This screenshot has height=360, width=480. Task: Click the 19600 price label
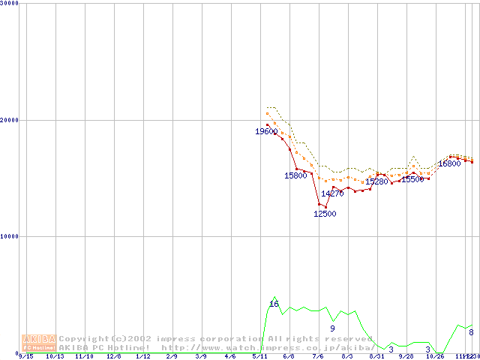tap(266, 132)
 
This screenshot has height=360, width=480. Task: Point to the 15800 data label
tap(295, 175)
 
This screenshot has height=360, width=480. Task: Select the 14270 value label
tap(332, 193)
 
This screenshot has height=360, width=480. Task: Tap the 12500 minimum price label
tap(325, 214)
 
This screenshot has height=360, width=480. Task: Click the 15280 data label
tap(376, 181)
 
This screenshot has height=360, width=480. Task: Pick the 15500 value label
tap(412, 179)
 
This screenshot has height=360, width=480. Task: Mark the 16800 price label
tap(449, 163)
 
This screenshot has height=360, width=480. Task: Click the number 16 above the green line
tap(274, 304)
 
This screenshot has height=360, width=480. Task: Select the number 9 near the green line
tap(332, 328)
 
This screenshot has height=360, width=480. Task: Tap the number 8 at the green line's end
tap(471, 332)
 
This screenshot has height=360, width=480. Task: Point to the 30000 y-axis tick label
tap(10, 3)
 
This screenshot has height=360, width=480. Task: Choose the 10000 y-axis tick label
tap(10, 236)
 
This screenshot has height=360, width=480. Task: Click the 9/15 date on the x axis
tap(25, 357)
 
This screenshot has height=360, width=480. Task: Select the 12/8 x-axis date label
tap(114, 357)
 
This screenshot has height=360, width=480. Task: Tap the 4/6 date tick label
tap(230, 357)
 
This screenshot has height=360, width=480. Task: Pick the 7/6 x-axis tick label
tap(318, 357)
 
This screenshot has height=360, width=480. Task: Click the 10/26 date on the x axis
tap(435, 357)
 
